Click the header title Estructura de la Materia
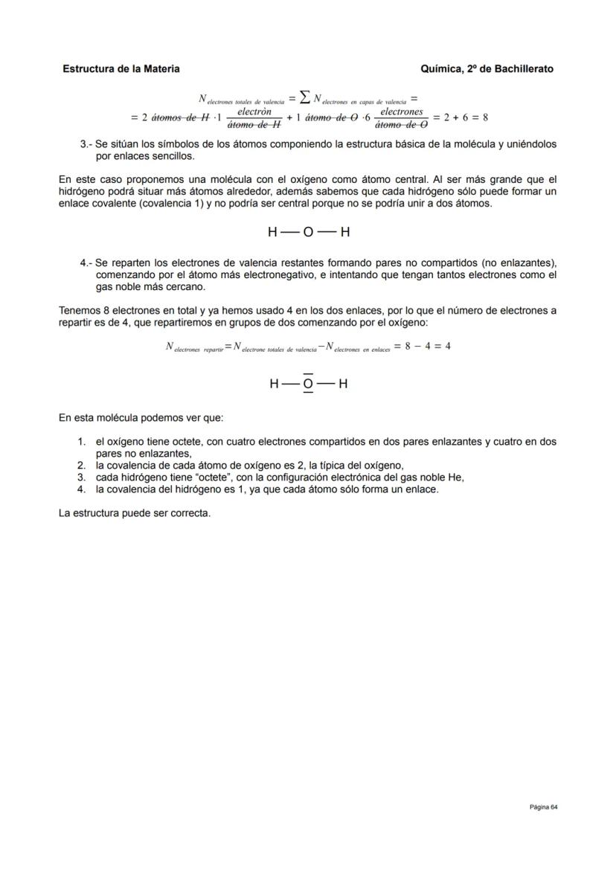coord(121,69)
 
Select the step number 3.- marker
coord(86,144)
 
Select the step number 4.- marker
coord(86,263)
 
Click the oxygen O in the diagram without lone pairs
coord(308,232)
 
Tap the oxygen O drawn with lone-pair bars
coord(308,385)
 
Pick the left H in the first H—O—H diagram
coord(273,232)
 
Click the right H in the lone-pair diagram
coord(343,385)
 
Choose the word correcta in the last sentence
coord(190,513)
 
